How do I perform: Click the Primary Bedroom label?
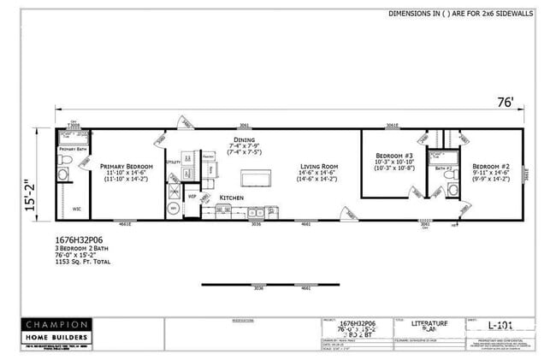(x=126, y=167)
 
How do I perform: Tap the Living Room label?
(x=315, y=167)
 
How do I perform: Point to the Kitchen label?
(x=232, y=198)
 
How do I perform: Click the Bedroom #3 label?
(x=393, y=155)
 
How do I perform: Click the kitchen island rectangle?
(x=256, y=178)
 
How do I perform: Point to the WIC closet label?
(x=76, y=208)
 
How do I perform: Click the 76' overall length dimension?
(x=506, y=103)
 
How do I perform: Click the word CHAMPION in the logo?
(x=55, y=325)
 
